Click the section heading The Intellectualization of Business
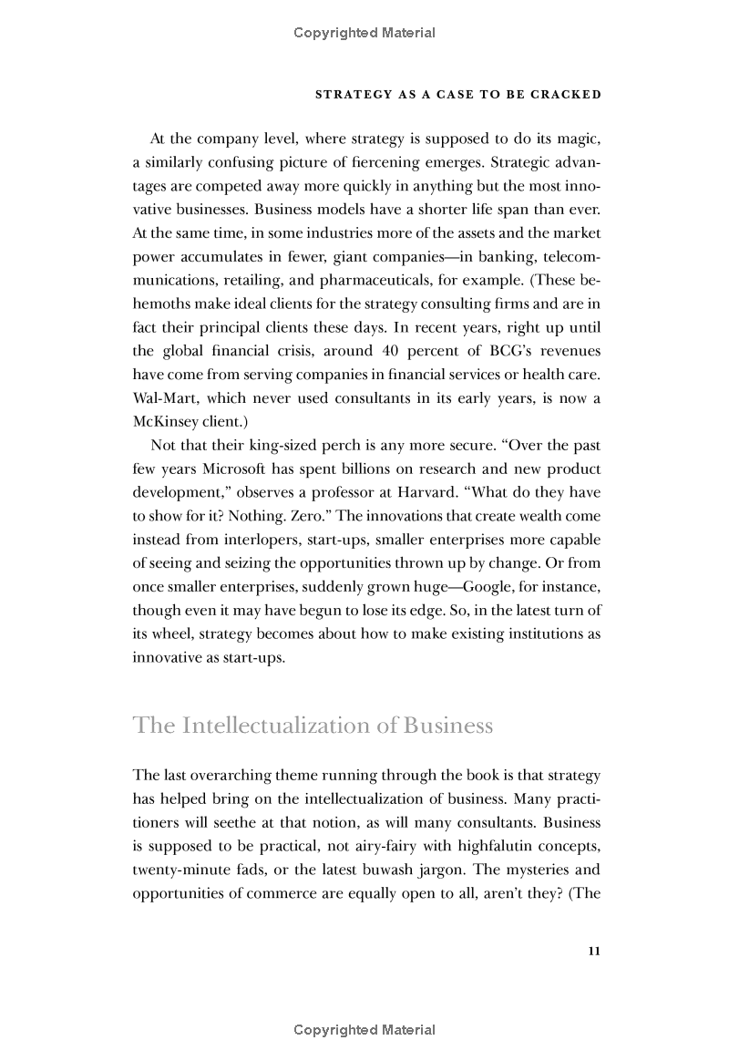point(313,726)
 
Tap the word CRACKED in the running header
point(569,94)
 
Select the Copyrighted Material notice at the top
point(364,33)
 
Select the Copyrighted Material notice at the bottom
point(364,1030)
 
